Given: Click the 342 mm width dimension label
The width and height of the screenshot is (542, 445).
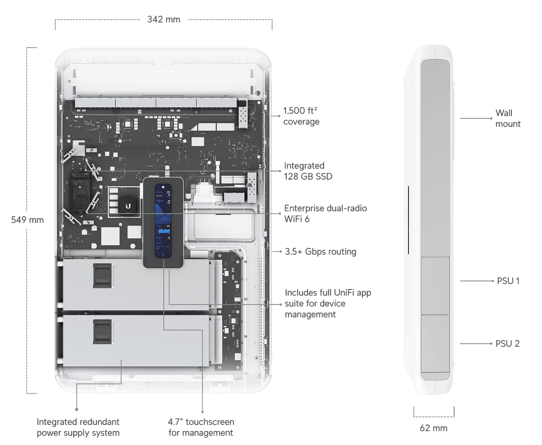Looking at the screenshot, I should click(x=163, y=20).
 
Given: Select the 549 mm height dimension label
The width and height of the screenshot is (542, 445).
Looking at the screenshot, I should click(x=27, y=220).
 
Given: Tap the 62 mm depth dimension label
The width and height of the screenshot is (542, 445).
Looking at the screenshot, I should click(x=433, y=428).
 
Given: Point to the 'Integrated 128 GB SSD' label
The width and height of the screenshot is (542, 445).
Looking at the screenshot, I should click(x=308, y=171).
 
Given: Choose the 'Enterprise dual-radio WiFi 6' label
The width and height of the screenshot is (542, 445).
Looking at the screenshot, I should click(x=324, y=213).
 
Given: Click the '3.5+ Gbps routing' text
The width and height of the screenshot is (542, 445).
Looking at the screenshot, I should click(x=320, y=251).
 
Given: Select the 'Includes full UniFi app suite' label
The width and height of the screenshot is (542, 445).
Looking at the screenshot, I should click(x=328, y=303).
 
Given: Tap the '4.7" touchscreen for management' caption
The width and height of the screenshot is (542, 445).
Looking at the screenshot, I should click(x=201, y=427).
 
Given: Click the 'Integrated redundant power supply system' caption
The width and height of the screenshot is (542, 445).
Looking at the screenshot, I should click(x=78, y=427).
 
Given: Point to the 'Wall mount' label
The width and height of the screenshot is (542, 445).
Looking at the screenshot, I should click(x=508, y=118).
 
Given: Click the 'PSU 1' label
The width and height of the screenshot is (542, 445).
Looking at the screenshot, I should click(x=508, y=281).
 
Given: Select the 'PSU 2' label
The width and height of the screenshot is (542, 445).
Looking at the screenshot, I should click(x=508, y=344).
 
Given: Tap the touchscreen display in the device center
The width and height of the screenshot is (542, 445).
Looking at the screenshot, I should click(x=163, y=221).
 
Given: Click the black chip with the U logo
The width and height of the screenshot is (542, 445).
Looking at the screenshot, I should click(x=128, y=206).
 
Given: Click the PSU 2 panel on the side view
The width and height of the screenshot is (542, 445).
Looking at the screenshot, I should click(x=435, y=343).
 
